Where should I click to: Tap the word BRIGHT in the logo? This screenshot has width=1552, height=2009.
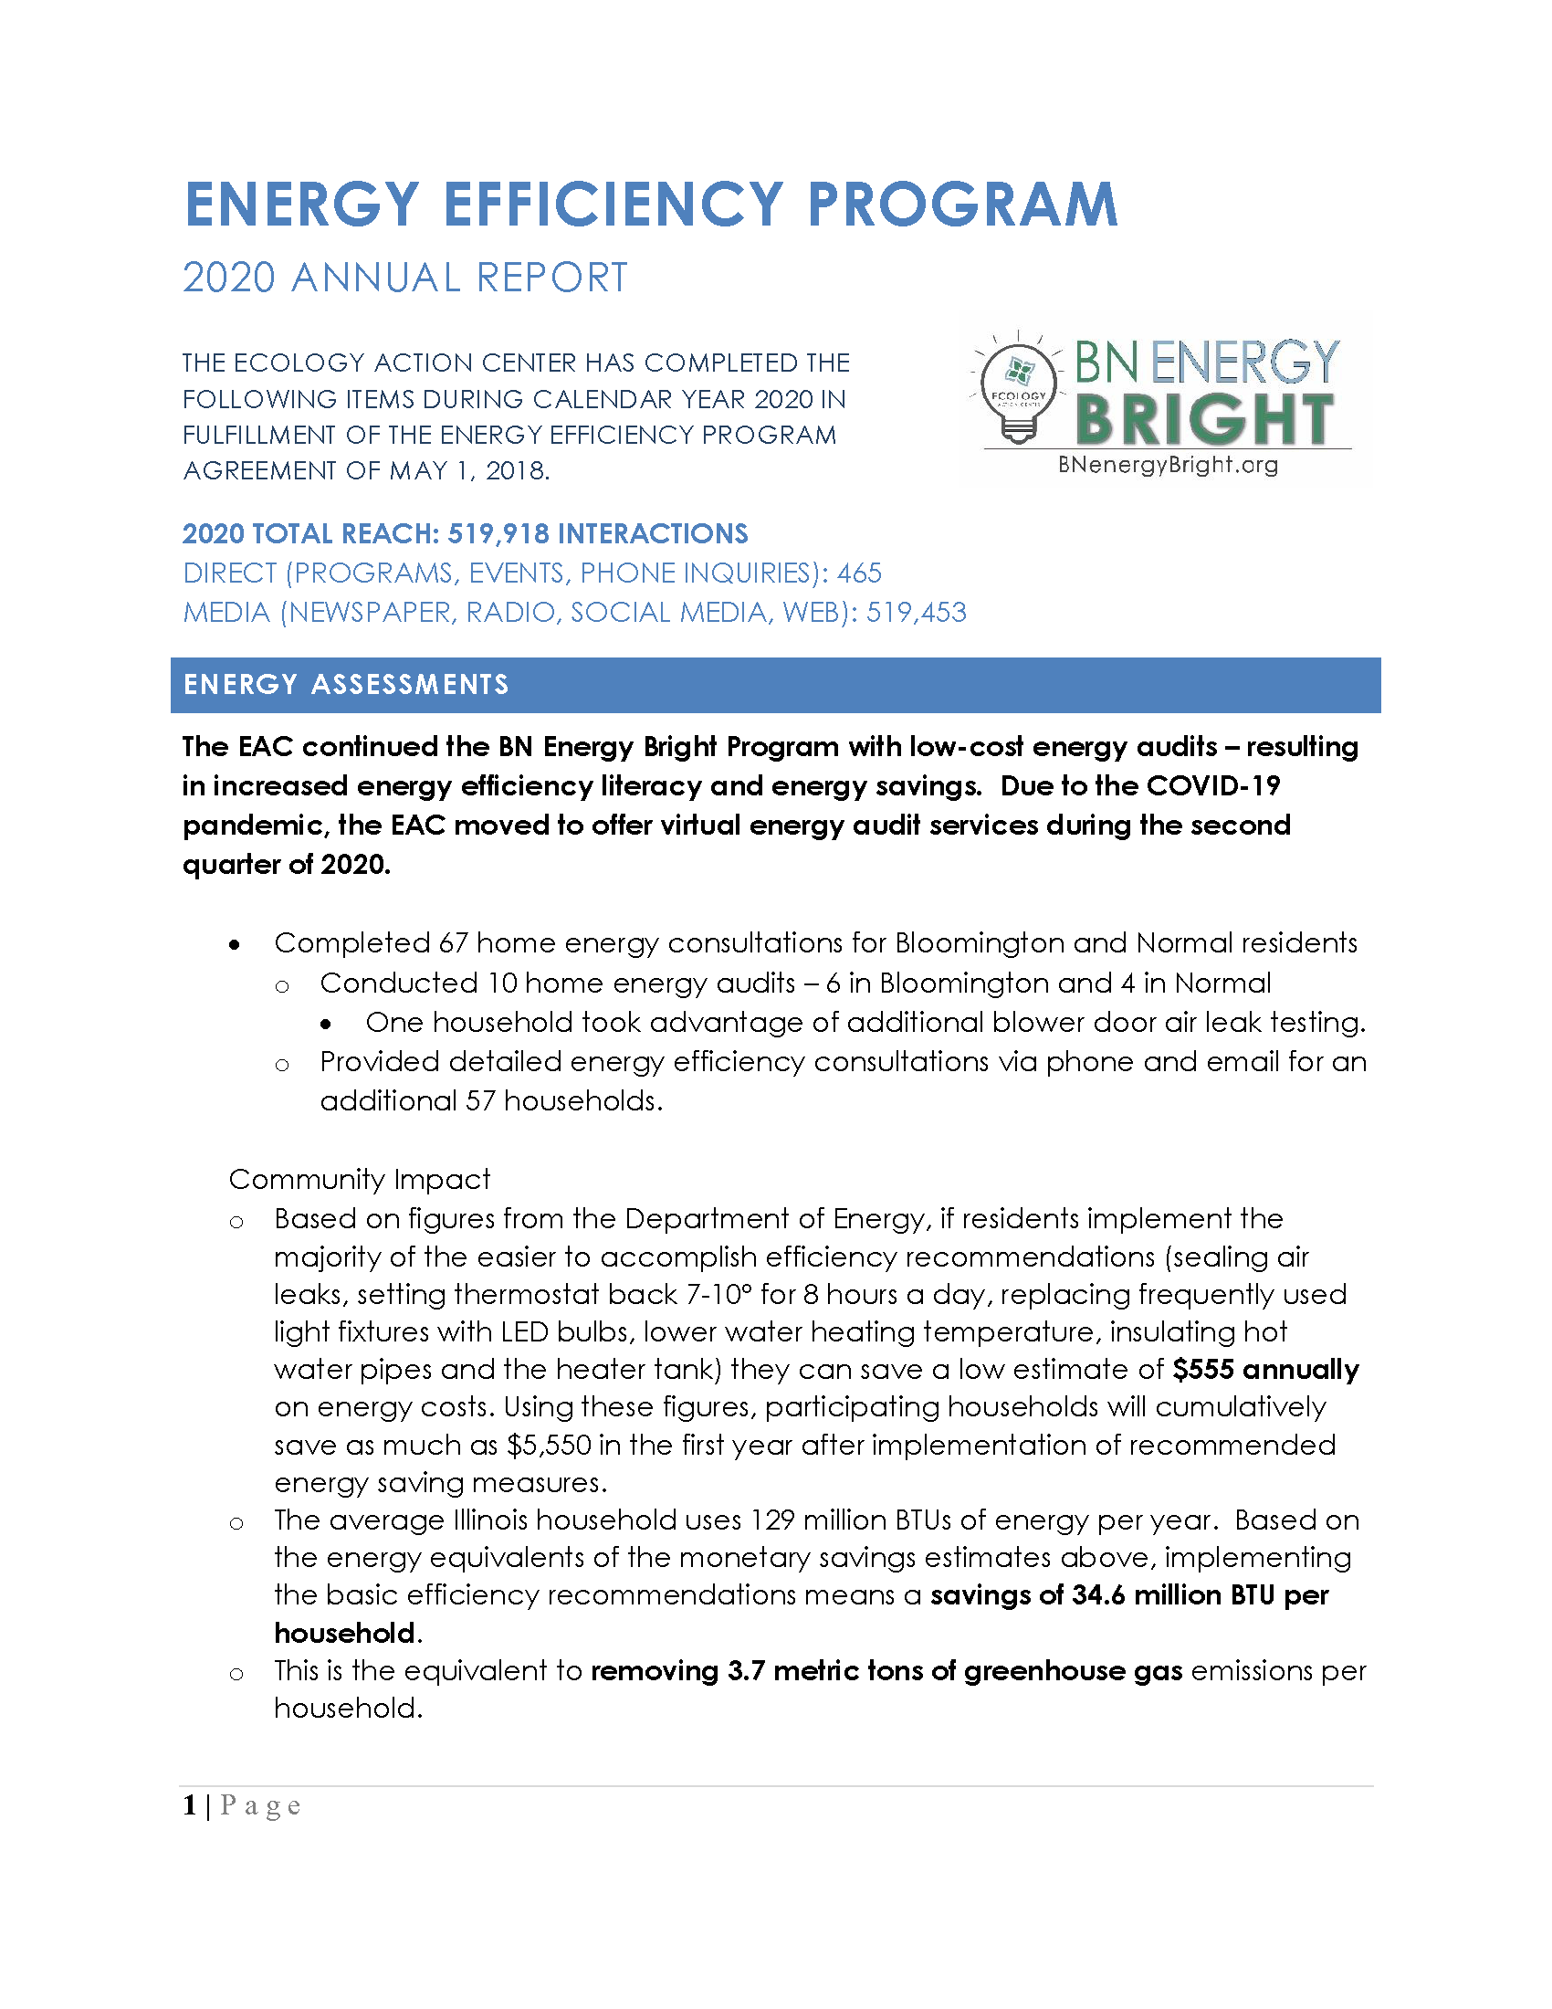coord(1204,419)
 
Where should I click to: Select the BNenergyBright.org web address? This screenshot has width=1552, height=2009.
coord(1168,465)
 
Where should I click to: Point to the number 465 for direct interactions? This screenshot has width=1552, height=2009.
coord(860,573)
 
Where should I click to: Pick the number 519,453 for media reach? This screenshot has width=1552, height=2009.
coord(916,613)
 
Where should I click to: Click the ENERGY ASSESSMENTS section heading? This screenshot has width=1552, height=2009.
coord(346,684)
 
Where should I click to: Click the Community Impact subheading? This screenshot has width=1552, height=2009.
coord(360,1179)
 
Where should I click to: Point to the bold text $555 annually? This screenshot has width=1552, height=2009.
coord(1265,1369)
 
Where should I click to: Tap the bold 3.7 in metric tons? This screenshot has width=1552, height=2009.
coord(746,1670)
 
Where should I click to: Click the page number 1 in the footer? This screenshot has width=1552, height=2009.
coord(189,1805)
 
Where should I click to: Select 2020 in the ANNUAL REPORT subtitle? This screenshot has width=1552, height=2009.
coord(229,278)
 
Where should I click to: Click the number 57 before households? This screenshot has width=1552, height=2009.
coord(480,1101)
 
